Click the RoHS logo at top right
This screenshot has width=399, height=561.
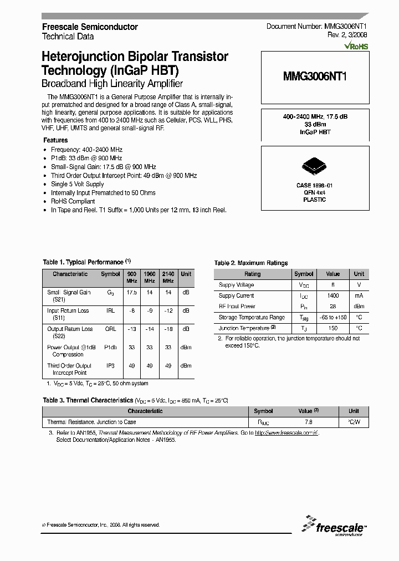[356, 47]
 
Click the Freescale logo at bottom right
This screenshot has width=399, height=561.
[333, 526]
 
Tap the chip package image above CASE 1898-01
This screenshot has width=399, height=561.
[314, 166]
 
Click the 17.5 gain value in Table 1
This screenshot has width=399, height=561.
[131, 292]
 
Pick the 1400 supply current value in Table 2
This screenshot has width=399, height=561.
[332, 295]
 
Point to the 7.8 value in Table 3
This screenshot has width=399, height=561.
[308, 422]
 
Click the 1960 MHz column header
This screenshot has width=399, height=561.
[150, 277]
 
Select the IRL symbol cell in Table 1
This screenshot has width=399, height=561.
[111, 311]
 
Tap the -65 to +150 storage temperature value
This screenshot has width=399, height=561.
[332, 318]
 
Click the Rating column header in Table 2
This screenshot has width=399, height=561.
[253, 274]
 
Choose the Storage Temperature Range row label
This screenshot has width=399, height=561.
[252, 318]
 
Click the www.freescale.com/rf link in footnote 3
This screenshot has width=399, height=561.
[287, 433]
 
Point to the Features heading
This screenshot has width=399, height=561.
[55, 140]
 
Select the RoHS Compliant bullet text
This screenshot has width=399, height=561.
[73, 202]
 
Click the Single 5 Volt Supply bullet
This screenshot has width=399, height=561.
[78, 184]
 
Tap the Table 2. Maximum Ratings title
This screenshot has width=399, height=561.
[251, 263]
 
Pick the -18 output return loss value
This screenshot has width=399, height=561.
[168, 329]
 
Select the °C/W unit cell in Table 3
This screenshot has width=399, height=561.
[354, 422]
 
